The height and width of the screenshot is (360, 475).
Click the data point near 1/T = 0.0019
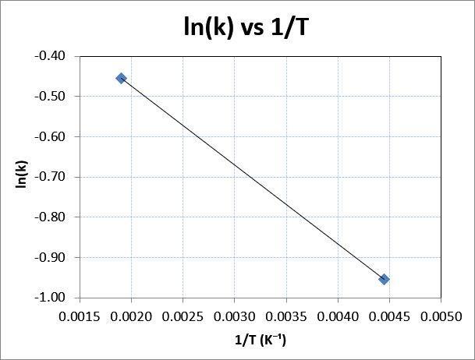tap(121, 78)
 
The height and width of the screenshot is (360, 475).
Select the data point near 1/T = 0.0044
tap(384, 279)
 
